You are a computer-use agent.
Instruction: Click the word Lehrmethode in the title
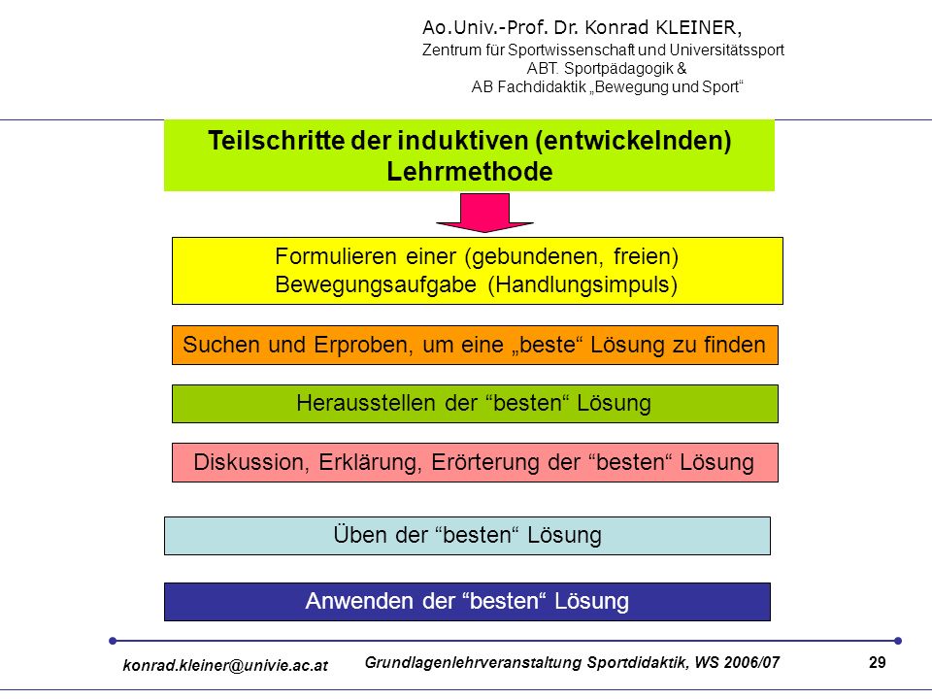[x=470, y=172]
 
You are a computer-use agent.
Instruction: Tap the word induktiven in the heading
[x=463, y=141]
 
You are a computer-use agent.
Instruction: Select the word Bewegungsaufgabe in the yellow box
[x=376, y=284]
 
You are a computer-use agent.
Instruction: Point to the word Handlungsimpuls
[x=582, y=284]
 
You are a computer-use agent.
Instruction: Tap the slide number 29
[x=878, y=662]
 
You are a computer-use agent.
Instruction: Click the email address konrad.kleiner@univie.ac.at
[x=225, y=665]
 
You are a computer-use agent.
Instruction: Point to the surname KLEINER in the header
[x=698, y=27]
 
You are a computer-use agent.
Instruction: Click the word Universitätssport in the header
[x=726, y=50]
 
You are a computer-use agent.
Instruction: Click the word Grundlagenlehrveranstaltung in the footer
[x=473, y=663]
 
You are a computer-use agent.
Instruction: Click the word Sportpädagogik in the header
[x=618, y=68]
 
